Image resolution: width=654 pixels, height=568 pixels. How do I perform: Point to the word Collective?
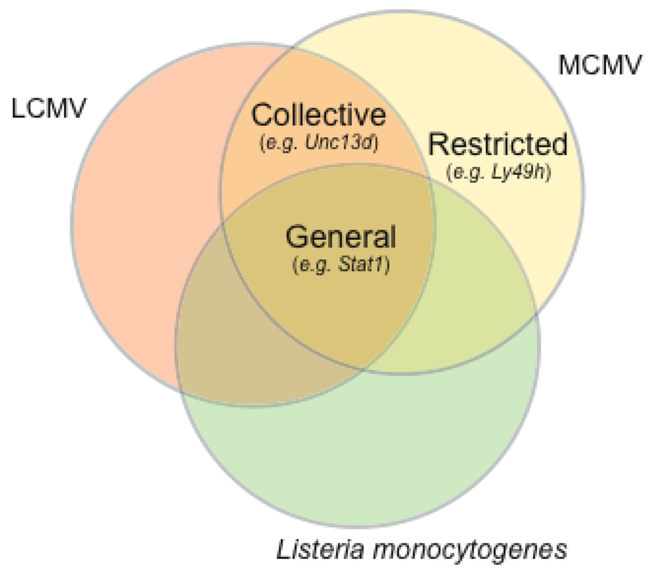(319, 116)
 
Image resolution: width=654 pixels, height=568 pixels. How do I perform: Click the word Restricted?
(498, 144)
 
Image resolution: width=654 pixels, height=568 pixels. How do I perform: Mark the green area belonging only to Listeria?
(358, 460)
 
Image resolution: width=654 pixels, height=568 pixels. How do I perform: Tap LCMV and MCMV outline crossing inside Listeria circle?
(364, 369)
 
